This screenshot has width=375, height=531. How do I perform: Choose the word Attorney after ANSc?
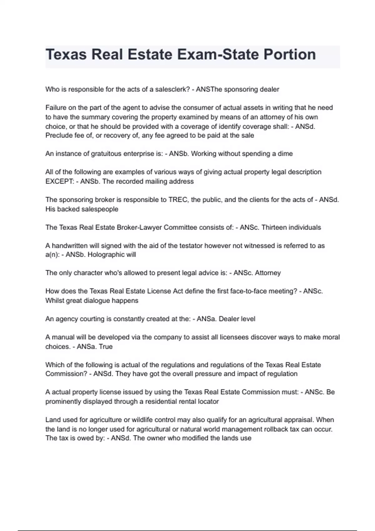coord(268,273)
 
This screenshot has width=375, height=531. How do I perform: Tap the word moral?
coord(331,337)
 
